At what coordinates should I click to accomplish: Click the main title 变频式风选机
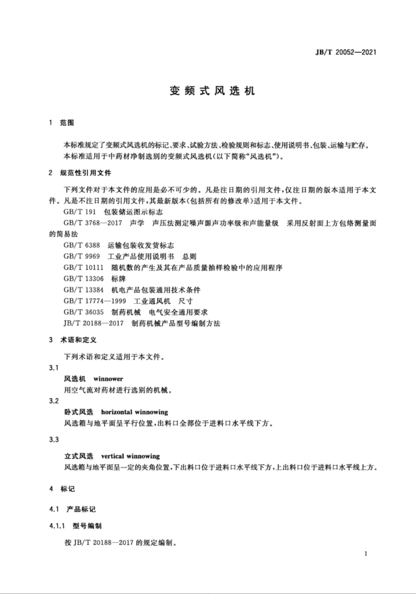click(x=212, y=91)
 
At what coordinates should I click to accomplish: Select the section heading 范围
click(x=67, y=123)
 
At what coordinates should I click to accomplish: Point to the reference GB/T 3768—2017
click(x=92, y=223)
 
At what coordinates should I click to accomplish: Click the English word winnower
click(x=108, y=379)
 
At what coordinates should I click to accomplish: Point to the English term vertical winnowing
click(x=130, y=455)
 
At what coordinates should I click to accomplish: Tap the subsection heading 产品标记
click(x=81, y=509)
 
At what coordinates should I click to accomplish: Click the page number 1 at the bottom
click(x=366, y=553)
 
